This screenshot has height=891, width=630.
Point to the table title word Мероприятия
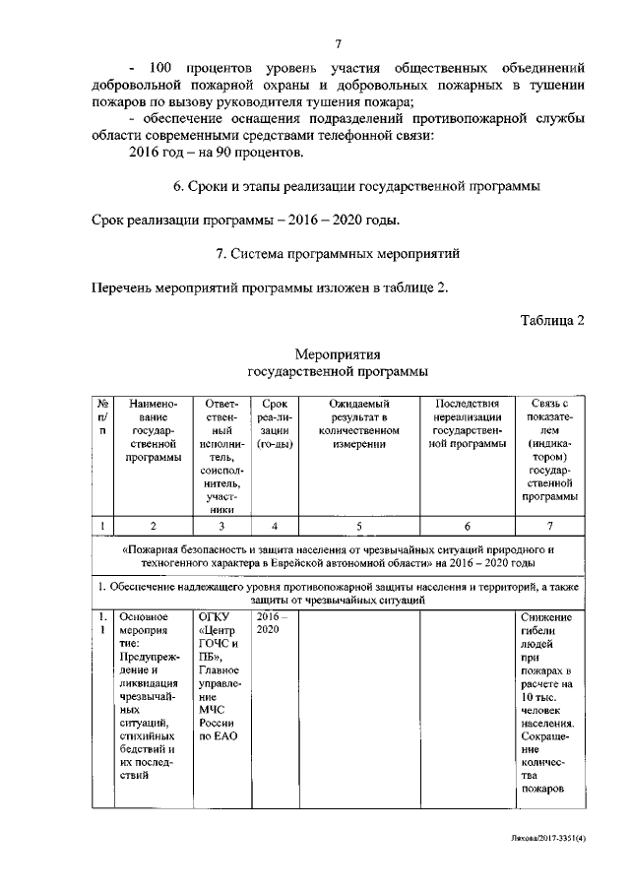coord(338,354)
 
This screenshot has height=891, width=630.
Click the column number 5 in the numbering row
coord(358,525)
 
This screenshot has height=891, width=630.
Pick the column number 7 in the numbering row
coord(549,525)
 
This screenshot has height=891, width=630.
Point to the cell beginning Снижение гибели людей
coord(549,703)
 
